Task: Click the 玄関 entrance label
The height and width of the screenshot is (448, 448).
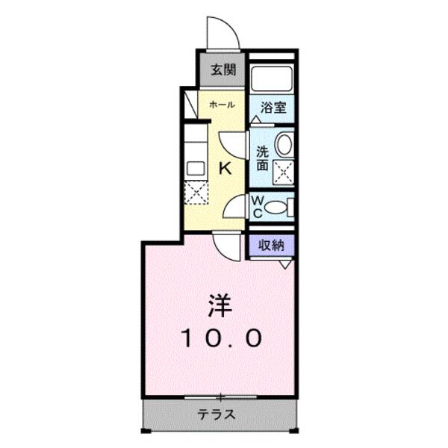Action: (223, 70)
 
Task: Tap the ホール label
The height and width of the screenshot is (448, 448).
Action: (222, 105)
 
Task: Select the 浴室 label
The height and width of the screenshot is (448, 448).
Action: (273, 108)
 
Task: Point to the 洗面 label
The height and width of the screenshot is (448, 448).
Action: (262, 158)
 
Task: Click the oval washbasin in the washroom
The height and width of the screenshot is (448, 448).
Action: (284, 145)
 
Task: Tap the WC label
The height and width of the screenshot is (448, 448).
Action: (256, 206)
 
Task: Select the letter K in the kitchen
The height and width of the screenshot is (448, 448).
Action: (223, 169)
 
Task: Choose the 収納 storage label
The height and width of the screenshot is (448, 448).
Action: (272, 245)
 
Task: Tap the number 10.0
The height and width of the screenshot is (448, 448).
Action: (221, 338)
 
